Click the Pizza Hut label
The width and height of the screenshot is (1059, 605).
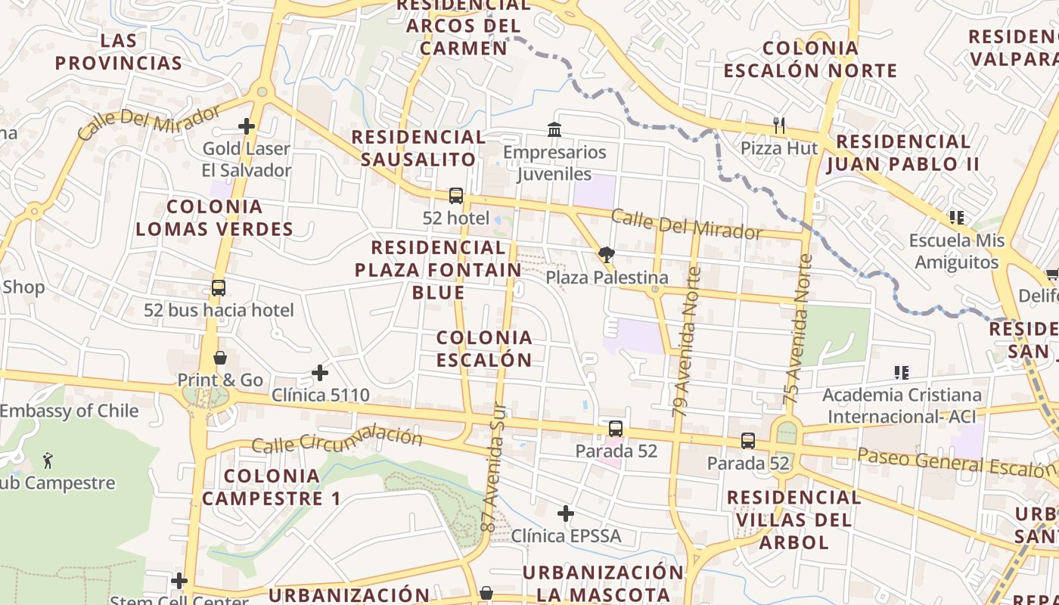click(x=779, y=147)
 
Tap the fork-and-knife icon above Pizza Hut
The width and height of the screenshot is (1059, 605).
click(x=779, y=124)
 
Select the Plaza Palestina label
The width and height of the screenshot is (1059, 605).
click(x=607, y=278)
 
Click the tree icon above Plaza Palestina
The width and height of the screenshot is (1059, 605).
click(x=606, y=255)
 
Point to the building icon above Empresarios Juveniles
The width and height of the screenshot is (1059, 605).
click(x=554, y=130)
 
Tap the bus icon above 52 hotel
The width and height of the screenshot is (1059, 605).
click(x=455, y=196)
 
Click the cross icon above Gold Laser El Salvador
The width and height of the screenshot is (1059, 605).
click(x=247, y=126)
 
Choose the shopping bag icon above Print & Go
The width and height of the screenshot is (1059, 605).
click(x=220, y=358)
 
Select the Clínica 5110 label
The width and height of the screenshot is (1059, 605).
click(x=321, y=395)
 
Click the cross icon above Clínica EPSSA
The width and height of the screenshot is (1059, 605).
click(x=566, y=514)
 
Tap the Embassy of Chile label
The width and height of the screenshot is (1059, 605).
click(x=69, y=411)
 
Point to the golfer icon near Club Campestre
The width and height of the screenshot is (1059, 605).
click(x=48, y=460)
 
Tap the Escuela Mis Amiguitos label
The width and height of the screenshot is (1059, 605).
click(x=956, y=251)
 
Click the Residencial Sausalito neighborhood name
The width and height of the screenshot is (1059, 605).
click(x=418, y=148)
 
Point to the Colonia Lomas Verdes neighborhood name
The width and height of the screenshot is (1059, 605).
click(x=215, y=218)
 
